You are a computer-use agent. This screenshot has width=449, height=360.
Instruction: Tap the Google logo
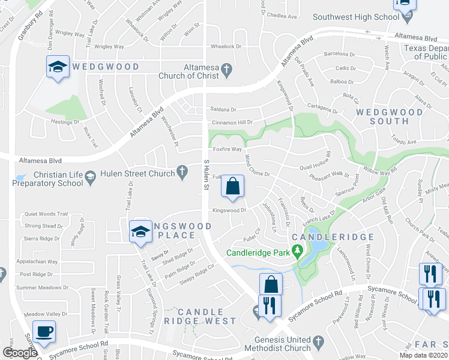[x=20, y=353]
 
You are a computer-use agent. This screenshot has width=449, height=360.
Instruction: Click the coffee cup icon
[x=44, y=331]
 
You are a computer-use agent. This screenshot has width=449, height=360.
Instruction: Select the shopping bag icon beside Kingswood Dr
[x=233, y=187]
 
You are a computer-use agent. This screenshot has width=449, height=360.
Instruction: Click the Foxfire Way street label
[x=228, y=149]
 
